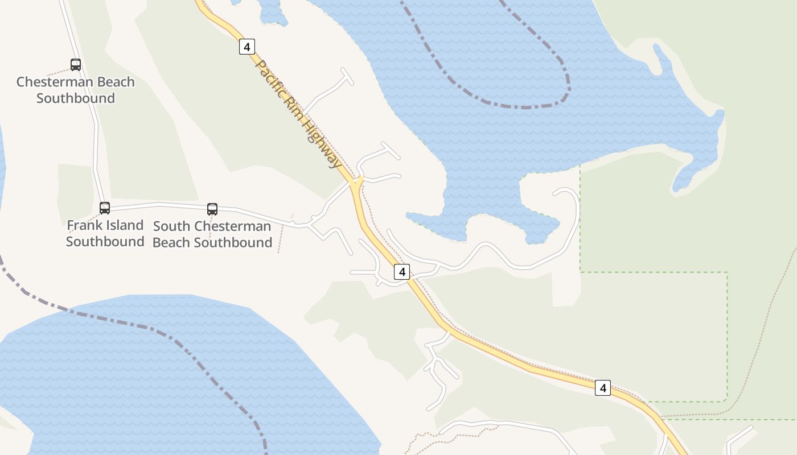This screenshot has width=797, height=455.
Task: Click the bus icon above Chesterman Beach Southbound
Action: [76, 65]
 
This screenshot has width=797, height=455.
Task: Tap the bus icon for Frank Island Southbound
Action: [105, 208]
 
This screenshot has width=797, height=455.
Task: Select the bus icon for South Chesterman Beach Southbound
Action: [212, 209]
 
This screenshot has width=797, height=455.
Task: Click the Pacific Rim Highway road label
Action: [297, 114]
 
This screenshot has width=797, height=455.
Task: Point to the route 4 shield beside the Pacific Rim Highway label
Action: [247, 47]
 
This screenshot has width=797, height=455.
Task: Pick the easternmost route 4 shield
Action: [603, 388]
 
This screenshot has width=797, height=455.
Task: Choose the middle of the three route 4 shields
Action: [402, 272]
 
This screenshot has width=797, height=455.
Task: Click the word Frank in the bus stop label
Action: [83, 225]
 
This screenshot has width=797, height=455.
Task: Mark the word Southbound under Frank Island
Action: [105, 241]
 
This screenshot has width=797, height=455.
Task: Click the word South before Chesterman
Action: [172, 226]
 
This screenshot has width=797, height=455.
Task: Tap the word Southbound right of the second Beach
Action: [233, 242]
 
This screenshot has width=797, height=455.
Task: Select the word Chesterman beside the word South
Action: [233, 226]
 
